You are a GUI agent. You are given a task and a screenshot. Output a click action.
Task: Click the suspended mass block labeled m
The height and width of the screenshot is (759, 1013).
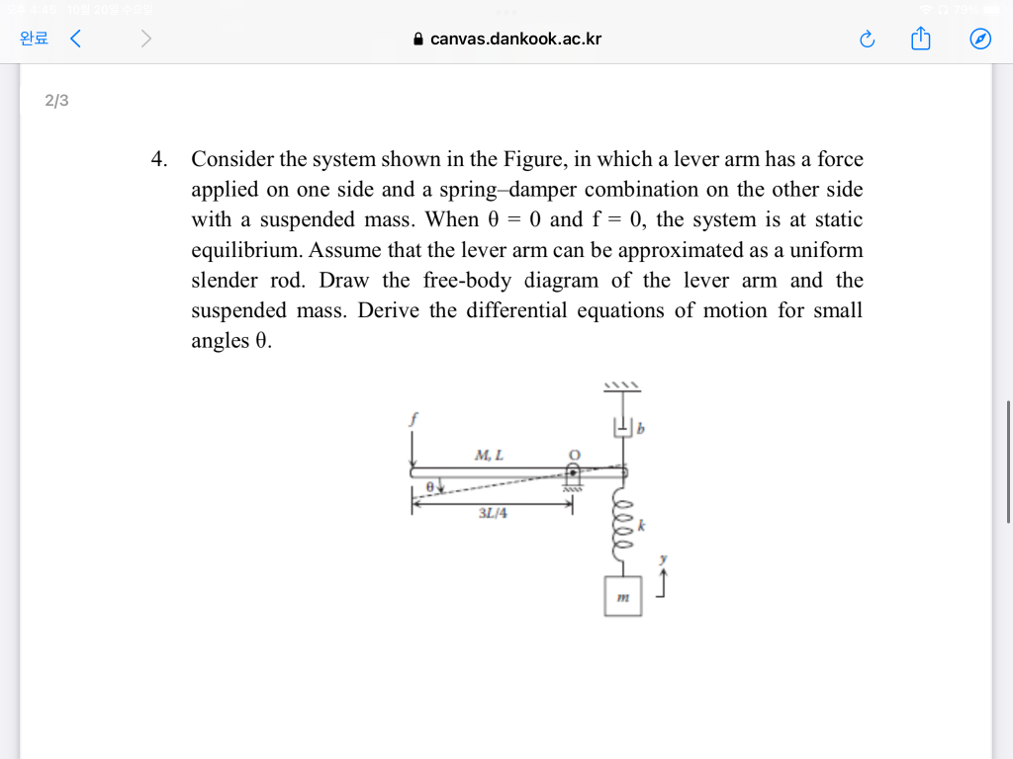[x=623, y=597]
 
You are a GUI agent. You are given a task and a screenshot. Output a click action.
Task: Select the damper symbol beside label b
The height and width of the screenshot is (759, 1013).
[x=622, y=428]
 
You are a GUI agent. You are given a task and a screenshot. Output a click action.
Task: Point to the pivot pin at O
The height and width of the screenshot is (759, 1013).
[x=573, y=473]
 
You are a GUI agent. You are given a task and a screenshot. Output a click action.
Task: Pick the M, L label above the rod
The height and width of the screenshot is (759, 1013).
[x=489, y=456]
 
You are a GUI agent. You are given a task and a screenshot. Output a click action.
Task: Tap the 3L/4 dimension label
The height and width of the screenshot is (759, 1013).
[x=492, y=514]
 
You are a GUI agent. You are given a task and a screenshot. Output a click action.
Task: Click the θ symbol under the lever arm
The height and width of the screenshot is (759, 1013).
[x=428, y=487]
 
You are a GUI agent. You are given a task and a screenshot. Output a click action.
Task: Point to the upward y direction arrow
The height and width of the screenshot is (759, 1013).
[x=664, y=585]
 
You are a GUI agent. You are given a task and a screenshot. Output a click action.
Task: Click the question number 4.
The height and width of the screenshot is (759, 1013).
[x=158, y=159]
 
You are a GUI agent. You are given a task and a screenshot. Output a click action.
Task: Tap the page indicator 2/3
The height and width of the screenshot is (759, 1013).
[x=56, y=101]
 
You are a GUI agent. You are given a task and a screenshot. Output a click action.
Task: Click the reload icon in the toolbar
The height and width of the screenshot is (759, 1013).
[x=868, y=40]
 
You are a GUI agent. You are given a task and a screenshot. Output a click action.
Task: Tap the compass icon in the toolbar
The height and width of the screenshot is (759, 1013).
[x=979, y=40]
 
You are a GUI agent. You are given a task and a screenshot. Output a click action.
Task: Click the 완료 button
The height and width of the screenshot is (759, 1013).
[x=34, y=40]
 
